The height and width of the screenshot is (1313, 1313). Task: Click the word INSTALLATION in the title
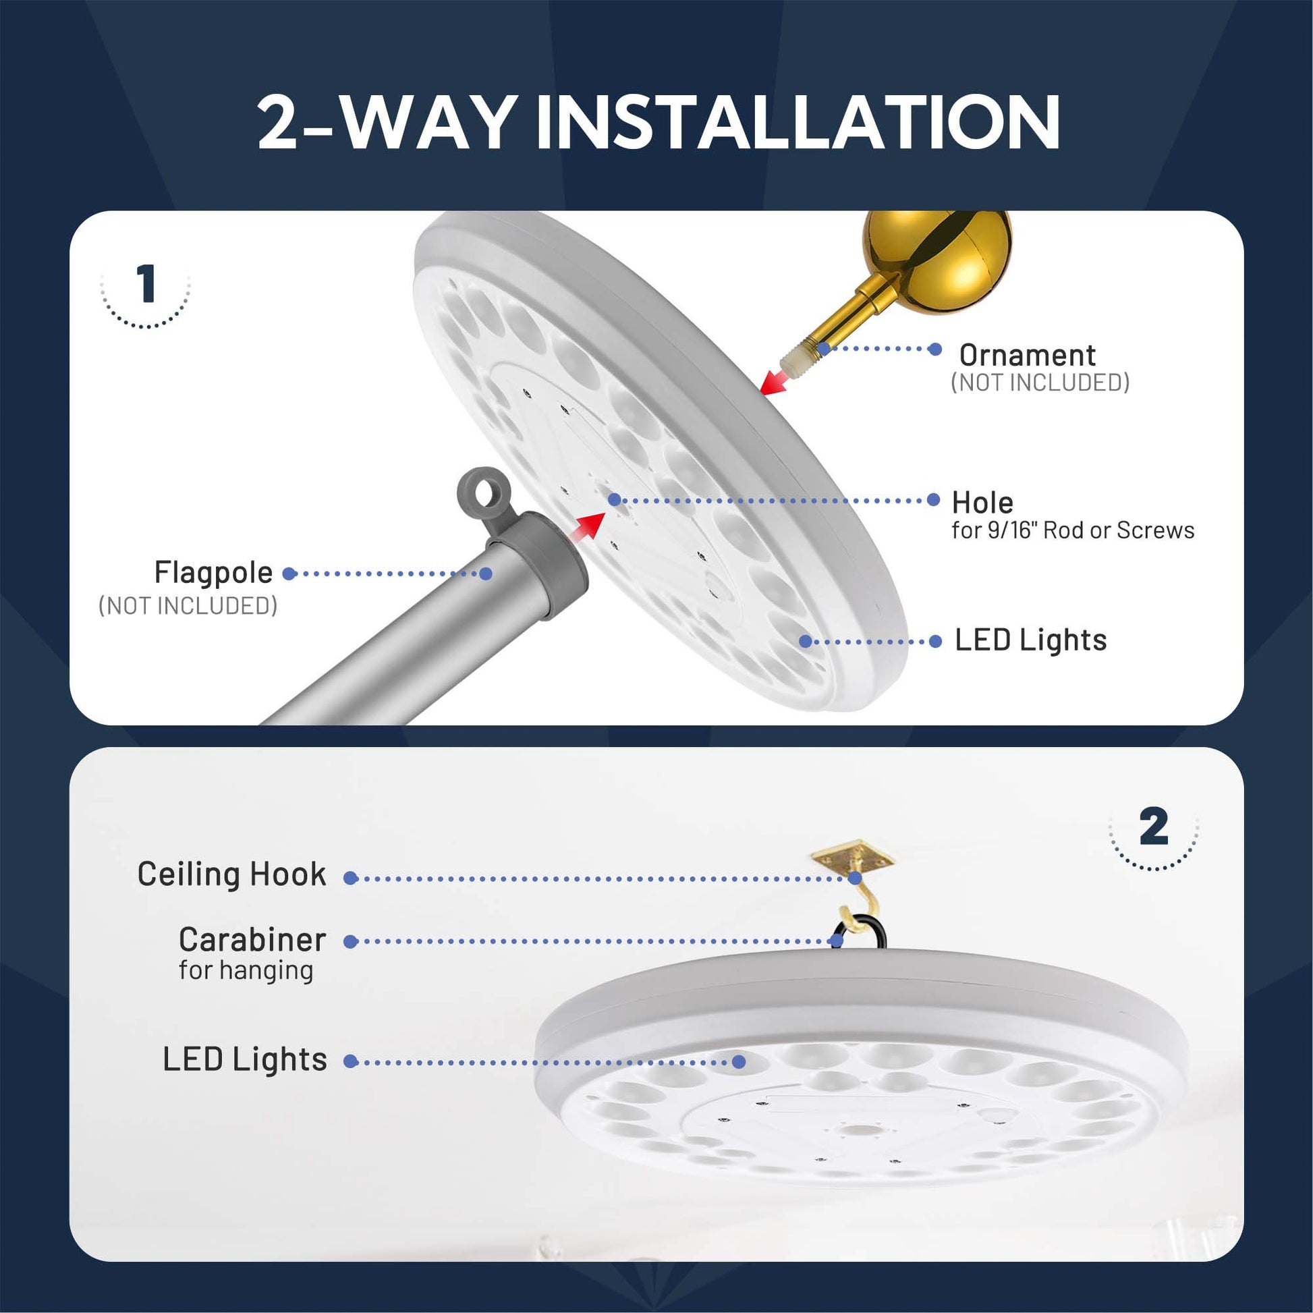tap(798, 121)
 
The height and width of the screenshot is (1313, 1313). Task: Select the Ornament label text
tap(1027, 356)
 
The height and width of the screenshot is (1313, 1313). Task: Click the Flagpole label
tap(213, 573)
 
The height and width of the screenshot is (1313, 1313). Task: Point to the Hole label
tap(982, 503)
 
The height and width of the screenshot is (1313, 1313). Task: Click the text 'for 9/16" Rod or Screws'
tap(1073, 530)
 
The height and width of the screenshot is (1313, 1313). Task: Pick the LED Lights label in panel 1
tap(1031, 640)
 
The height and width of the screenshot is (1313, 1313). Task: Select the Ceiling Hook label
tap(231, 874)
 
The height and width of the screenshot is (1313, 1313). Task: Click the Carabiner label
tap(252, 940)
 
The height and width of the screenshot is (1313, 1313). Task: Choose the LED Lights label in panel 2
tap(245, 1059)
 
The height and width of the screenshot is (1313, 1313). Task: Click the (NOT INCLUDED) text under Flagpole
tap(188, 605)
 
